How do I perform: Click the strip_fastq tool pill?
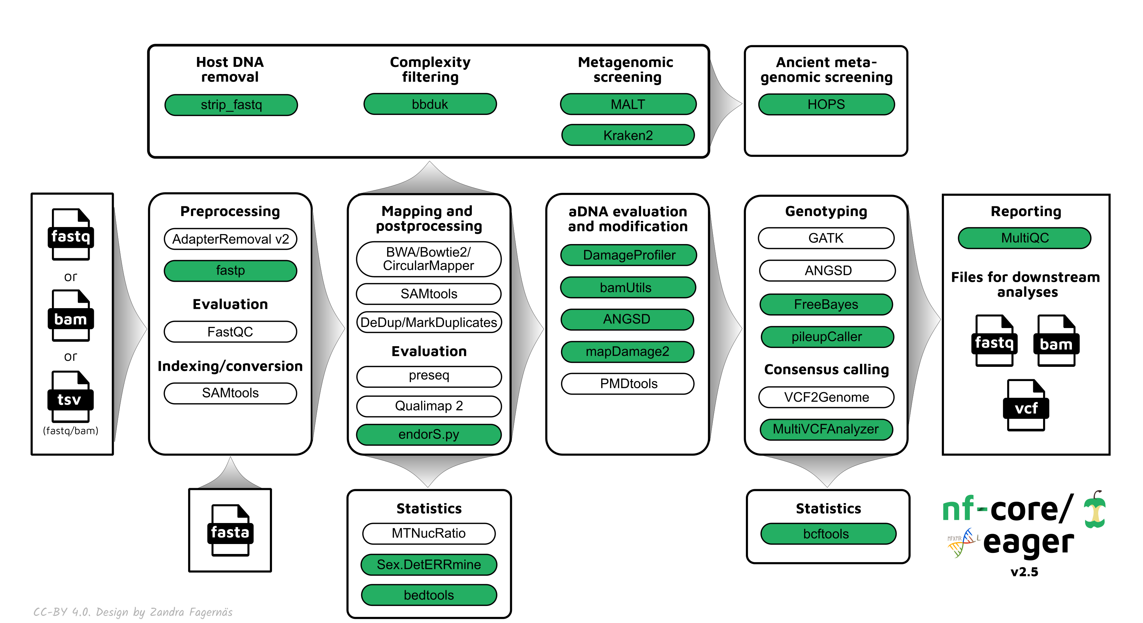click(231, 105)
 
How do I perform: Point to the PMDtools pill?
click(627, 384)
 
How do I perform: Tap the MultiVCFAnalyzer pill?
click(826, 429)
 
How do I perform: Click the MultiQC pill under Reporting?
click(1024, 238)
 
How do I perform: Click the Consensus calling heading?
click(826, 369)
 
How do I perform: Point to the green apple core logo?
click(1094, 511)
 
